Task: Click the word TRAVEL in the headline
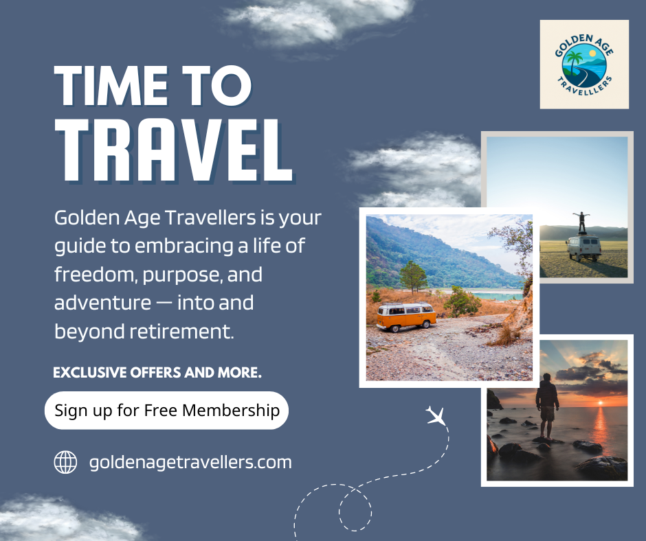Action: click(174, 150)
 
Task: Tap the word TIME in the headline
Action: click(111, 86)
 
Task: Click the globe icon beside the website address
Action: click(65, 462)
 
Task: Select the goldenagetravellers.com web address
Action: click(190, 462)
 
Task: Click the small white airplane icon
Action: click(436, 415)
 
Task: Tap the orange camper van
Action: click(406, 316)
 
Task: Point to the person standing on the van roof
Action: click(581, 222)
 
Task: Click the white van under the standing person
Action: click(583, 247)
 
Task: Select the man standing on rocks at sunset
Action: click(547, 406)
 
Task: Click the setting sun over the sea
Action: click(600, 403)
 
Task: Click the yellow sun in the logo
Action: click(592, 53)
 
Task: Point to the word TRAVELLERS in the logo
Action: click(585, 87)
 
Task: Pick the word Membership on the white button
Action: click(231, 411)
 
